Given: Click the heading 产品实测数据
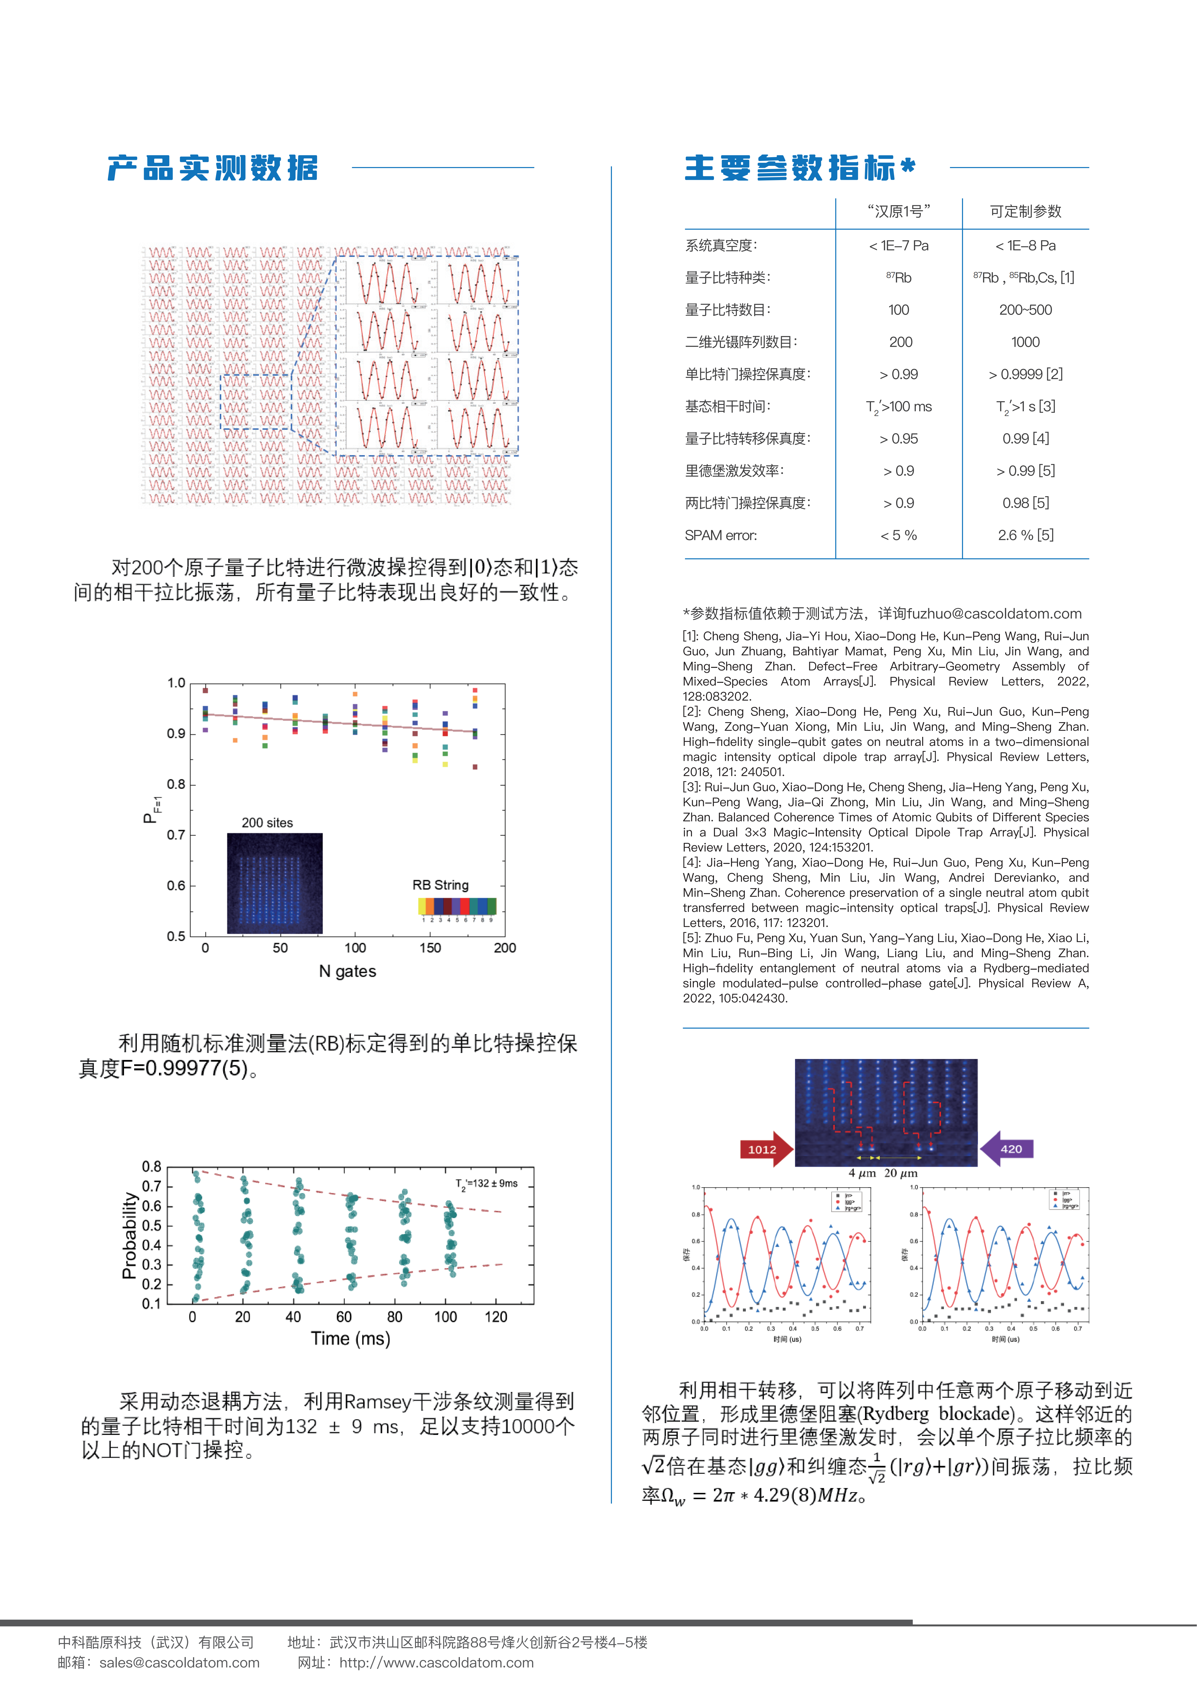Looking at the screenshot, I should coord(212,168).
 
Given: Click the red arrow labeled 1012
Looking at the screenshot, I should coord(765,1149).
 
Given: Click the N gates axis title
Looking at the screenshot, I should coord(347,971).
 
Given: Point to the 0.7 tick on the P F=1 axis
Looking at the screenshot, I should coord(175,834).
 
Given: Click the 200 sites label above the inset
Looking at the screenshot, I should coord(267,823).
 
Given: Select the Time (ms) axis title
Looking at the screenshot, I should coord(350,1338).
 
